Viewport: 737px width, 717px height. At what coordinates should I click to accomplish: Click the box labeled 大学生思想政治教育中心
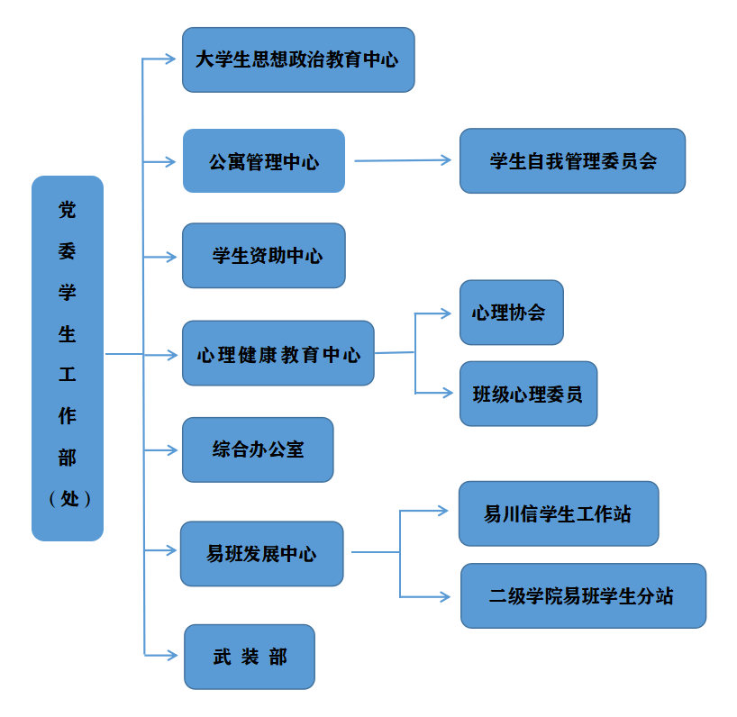pyautogui.click(x=298, y=59)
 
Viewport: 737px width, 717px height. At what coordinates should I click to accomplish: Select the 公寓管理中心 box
pyautogui.click(x=264, y=161)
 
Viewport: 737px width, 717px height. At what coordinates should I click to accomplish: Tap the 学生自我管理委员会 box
pyautogui.click(x=572, y=161)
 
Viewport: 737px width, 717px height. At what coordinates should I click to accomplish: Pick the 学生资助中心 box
pyautogui.click(x=264, y=256)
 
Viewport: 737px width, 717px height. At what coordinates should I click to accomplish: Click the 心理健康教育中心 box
pyautogui.click(x=278, y=353)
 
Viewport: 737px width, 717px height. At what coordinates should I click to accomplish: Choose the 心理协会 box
pyautogui.click(x=511, y=313)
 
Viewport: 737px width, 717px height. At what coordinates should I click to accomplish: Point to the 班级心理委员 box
pyautogui.click(x=528, y=394)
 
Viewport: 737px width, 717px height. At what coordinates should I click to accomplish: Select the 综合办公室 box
pyautogui.click(x=258, y=449)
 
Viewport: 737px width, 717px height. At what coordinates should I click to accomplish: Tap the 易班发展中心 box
pyautogui.click(x=261, y=554)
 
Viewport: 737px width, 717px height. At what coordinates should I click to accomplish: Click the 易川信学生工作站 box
pyautogui.click(x=559, y=513)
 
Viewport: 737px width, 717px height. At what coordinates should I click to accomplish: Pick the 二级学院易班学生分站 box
pyautogui.click(x=583, y=595)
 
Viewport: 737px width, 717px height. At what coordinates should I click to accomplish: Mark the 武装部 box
pyautogui.click(x=250, y=657)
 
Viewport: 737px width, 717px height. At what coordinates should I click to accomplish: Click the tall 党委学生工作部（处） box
pyautogui.click(x=68, y=358)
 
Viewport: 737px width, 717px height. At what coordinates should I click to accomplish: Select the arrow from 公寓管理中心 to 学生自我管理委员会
pyautogui.click(x=402, y=160)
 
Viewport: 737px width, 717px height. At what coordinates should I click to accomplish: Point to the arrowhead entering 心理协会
pyautogui.click(x=445, y=313)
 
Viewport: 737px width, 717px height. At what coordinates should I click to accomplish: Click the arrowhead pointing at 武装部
pyautogui.click(x=172, y=655)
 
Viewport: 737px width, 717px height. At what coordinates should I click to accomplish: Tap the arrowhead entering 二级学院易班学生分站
pyautogui.click(x=443, y=596)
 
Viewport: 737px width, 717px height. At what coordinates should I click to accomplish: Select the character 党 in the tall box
pyautogui.click(x=68, y=210)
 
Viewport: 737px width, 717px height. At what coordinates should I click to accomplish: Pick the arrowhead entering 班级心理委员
pyautogui.click(x=445, y=393)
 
